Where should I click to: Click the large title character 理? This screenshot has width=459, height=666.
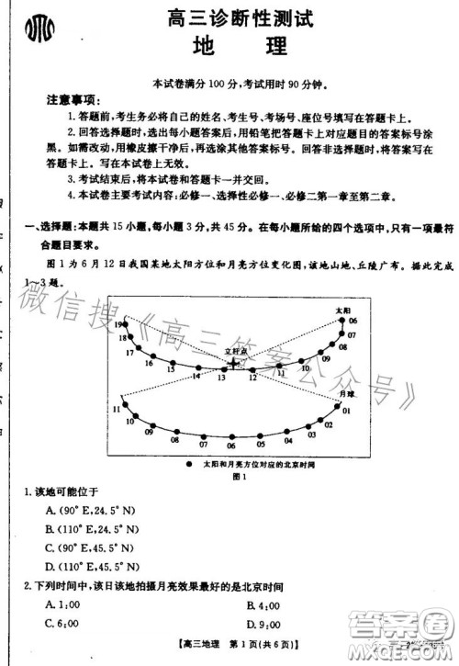click(x=273, y=46)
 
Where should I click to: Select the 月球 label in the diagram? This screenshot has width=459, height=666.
click(x=346, y=392)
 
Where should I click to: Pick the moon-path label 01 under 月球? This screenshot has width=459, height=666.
click(x=346, y=411)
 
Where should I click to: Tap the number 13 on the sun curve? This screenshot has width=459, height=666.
click(x=221, y=378)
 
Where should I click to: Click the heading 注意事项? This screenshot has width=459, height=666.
click(x=73, y=99)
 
